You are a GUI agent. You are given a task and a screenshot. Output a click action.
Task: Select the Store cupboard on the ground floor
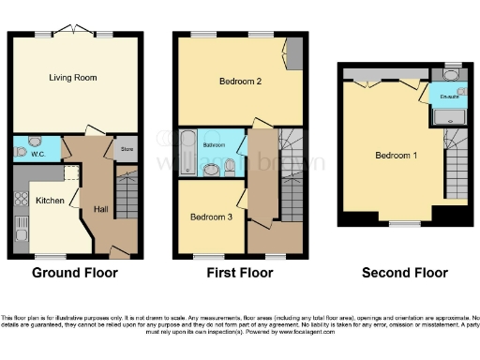(126, 148)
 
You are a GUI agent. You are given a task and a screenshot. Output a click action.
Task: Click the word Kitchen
(50, 201)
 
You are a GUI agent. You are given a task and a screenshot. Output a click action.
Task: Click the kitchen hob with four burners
(22, 198)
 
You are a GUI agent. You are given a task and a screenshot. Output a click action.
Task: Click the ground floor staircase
(127, 197)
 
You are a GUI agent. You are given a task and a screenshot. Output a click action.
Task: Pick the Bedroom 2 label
(240, 82)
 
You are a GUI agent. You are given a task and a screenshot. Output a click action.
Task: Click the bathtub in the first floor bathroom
(187, 151)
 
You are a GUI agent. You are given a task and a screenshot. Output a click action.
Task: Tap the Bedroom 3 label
(210, 217)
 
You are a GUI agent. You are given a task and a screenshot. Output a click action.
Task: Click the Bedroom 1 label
(396, 155)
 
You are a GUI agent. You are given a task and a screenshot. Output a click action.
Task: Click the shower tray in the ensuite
(448, 115)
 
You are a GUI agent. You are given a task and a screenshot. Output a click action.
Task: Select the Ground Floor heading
(75, 273)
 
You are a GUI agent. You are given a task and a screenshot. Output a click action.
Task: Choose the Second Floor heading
(404, 273)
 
